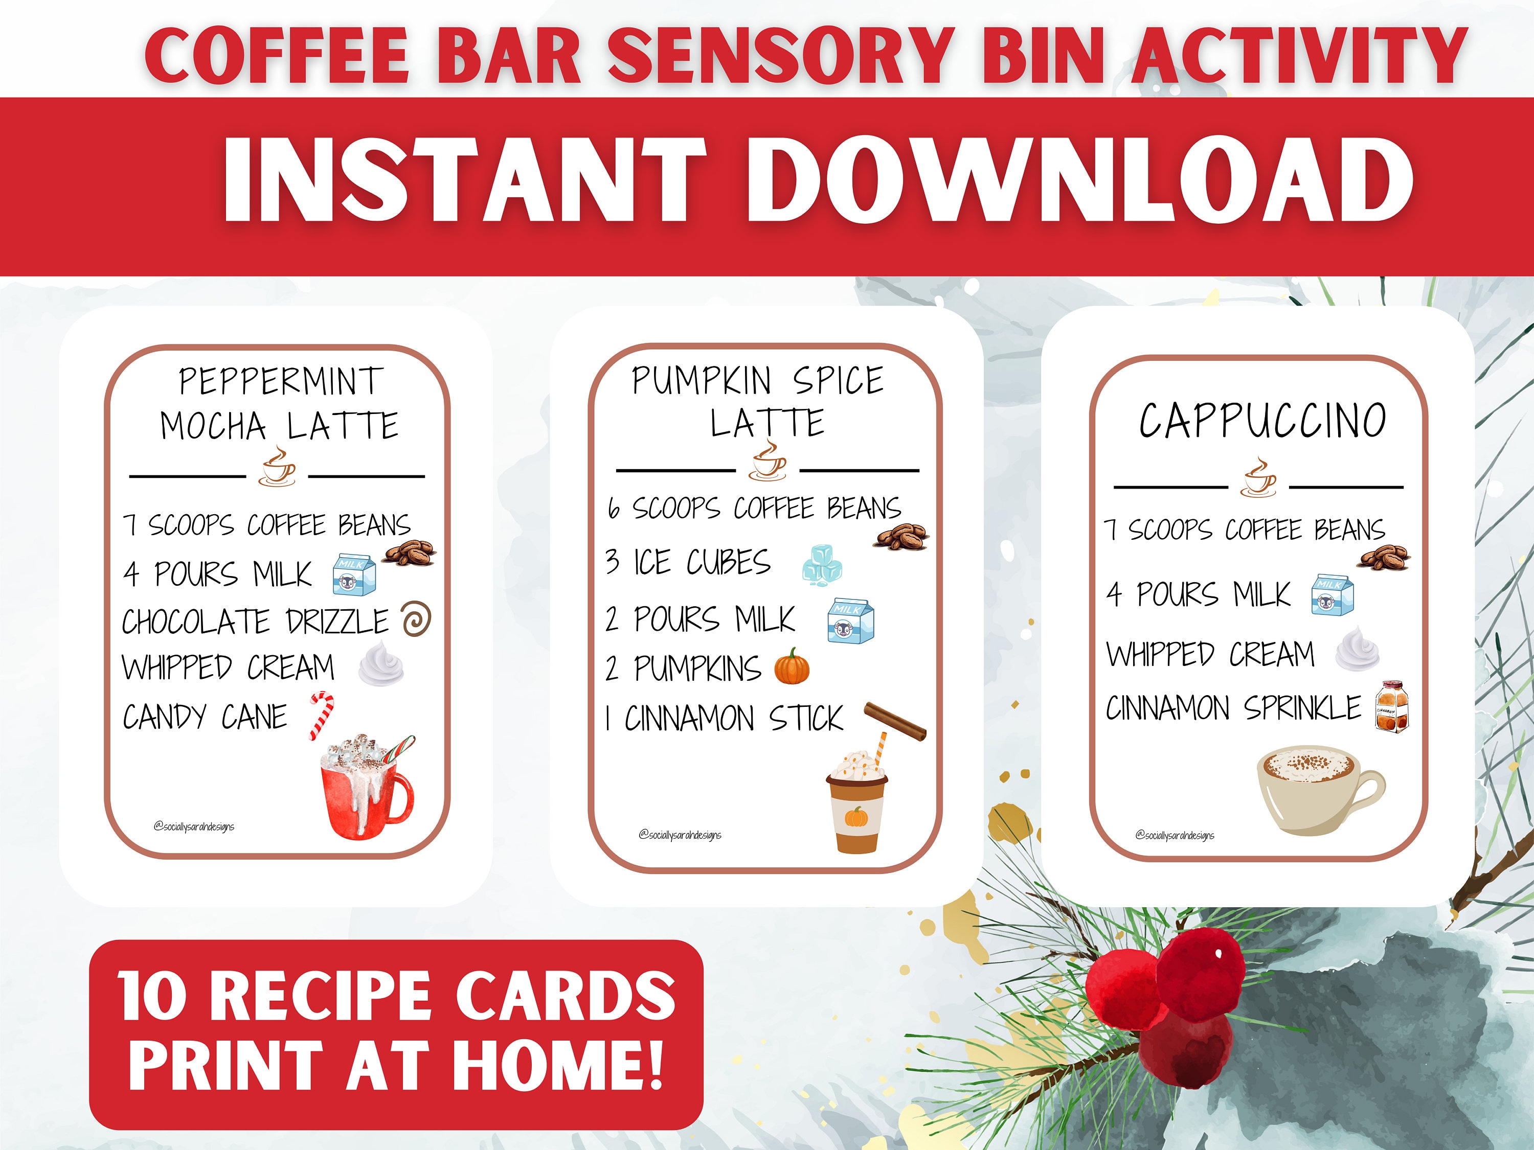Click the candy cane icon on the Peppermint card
321,716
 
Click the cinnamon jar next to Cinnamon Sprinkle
1392,706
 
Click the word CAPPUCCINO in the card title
1262,420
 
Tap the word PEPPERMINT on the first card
281,381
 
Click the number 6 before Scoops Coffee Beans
613,508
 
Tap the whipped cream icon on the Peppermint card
381,663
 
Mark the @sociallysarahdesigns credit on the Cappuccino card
1175,835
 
